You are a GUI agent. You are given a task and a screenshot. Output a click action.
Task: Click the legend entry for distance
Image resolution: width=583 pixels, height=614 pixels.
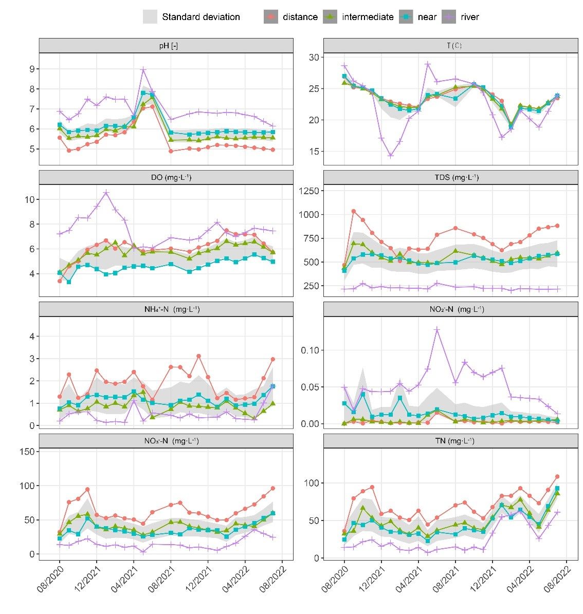[300, 17]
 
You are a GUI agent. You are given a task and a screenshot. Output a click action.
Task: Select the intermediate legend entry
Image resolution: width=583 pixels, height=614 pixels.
[367, 17]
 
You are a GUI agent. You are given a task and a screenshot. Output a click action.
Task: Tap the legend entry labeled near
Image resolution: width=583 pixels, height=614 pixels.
[427, 17]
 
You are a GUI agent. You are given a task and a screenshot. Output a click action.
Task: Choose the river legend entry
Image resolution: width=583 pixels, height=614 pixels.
[469, 17]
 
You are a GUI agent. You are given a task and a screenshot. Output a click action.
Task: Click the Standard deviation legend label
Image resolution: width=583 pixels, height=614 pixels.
[201, 17]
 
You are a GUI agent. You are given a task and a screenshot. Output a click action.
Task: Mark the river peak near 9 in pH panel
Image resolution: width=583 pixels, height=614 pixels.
[143, 69]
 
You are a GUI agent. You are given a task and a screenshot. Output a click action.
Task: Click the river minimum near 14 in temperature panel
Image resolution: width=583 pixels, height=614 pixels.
[391, 155]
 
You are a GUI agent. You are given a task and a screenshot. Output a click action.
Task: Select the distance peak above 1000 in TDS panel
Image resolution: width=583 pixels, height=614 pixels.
[354, 211]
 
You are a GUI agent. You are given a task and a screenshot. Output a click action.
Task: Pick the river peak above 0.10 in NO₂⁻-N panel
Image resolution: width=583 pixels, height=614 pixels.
[437, 329]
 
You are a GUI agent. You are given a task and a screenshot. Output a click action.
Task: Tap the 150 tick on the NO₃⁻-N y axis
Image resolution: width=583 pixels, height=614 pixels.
[27, 451]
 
